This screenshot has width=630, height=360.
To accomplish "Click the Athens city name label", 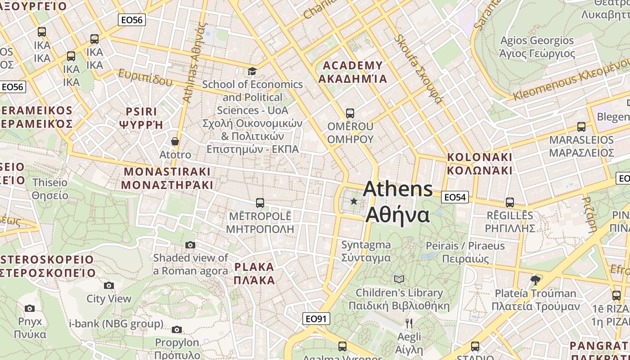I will pos(398,202).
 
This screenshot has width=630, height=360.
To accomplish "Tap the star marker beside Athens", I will pos(354,201).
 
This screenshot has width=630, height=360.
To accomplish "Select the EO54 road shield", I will pos(455,197).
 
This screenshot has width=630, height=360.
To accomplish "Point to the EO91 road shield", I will pos(316,319).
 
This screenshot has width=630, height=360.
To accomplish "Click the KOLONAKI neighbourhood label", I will pos(479,164).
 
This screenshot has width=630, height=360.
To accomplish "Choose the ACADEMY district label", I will pos(353,72).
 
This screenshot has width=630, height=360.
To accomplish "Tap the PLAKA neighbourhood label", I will pos(254,274).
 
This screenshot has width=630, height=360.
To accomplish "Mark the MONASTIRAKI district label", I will pos(167,178).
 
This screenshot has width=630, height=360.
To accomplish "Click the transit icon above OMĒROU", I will pos(350,113).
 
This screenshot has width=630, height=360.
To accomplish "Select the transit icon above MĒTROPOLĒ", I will pos(260,203).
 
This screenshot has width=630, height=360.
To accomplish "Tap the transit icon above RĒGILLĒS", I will pos(509,202).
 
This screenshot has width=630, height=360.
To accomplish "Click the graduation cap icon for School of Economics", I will pos(252,72).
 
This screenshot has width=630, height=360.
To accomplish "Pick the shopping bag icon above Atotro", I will pos(175,141).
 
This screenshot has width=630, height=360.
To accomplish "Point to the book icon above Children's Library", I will pos(399,279).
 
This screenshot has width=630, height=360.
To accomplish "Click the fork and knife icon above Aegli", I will pos(409,323).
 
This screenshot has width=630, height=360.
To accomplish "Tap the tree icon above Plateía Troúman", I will pos(535,280).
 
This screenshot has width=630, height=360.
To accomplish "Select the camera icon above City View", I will pos(108,285).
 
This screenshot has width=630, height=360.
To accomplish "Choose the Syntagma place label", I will pos(366,251).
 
